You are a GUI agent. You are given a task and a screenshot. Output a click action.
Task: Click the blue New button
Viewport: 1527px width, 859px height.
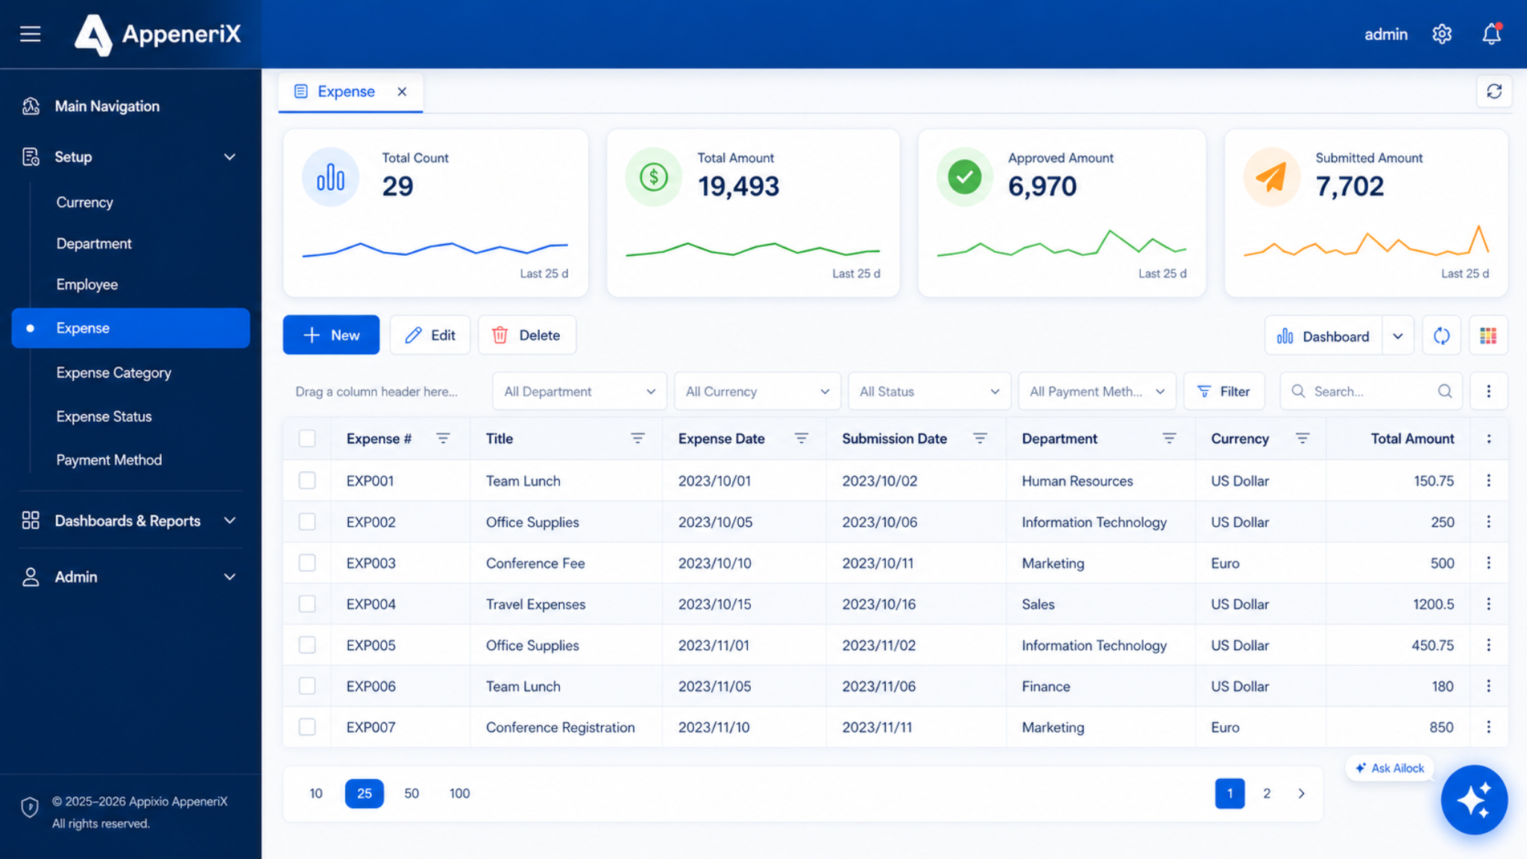pyautogui.click(x=331, y=336)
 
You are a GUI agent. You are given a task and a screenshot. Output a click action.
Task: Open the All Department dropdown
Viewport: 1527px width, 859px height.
pyautogui.click(x=579, y=391)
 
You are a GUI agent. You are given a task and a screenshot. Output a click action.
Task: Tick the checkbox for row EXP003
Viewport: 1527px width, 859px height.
pyautogui.click(x=307, y=563)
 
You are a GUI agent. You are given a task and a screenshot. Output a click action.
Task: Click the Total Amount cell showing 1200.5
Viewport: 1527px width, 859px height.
pyautogui.click(x=1433, y=604)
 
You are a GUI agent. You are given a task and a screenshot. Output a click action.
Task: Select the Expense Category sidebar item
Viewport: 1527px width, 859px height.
pyautogui.click(x=113, y=373)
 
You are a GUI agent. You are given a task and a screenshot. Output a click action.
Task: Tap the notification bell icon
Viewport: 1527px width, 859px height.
pyautogui.click(x=1491, y=34)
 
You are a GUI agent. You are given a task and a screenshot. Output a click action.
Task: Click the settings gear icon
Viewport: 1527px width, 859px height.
pyautogui.click(x=1442, y=34)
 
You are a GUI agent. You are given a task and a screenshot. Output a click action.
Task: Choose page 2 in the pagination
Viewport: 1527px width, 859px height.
pyautogui.click(x=1267, y=793)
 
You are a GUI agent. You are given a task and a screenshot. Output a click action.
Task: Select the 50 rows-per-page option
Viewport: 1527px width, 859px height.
pyautogui.click(x=412, y=793)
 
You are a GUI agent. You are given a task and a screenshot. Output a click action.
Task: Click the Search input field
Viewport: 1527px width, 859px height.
pyautogui.click(x=1371, y=391)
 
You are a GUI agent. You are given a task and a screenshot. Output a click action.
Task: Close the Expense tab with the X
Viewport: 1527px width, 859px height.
pyautogui.click(x=402, y=92)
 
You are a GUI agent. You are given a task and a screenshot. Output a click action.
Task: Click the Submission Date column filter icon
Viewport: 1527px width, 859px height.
pyautogui.click(x=980, y=438)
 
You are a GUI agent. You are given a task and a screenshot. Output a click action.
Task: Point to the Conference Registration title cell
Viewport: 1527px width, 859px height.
pyautogui.click(x=560, y=728)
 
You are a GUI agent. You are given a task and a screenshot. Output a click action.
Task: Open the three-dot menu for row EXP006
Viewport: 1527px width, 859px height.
pyautogui.click(x=1488, y=686)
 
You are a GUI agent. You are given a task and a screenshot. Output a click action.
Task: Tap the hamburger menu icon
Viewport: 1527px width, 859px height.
pyautogui.click(x=31, y=34)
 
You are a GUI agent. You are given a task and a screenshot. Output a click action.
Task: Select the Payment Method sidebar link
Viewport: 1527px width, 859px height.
pyautogui.click(x=109, y=460)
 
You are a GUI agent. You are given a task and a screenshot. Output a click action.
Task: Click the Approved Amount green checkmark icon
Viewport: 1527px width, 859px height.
pyautogui.click(x=964, y=177)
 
